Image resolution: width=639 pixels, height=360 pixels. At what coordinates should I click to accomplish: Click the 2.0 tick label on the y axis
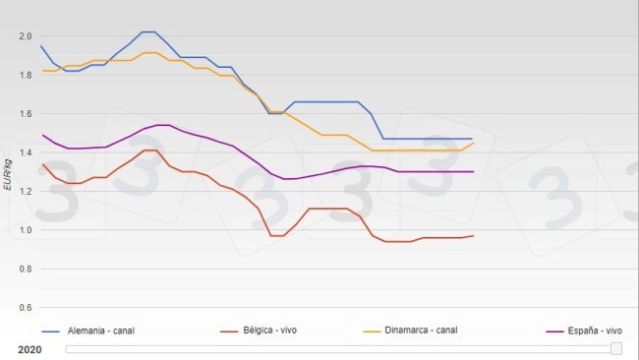pos(26,36)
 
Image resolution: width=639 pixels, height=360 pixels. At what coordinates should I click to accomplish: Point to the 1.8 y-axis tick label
pos(26,75)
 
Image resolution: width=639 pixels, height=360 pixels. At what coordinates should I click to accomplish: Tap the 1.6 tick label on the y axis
pos(26,114)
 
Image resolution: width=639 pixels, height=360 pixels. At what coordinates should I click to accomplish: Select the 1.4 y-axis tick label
pos(26,152)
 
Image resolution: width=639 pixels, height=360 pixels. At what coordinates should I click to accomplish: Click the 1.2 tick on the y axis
pos(26,191)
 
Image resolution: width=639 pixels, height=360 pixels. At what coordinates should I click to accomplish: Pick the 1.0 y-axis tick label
pos(26,230)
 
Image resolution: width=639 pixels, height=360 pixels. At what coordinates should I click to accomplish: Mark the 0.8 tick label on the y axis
pos(26,269)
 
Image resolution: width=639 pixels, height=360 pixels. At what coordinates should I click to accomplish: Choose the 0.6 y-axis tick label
pos(26,307)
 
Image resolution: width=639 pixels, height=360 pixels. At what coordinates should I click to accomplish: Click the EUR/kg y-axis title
pos(8,172)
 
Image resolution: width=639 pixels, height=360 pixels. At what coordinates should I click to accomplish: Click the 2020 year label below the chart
pos(29,348)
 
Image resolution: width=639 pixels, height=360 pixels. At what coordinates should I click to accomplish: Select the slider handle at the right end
pos(616,348)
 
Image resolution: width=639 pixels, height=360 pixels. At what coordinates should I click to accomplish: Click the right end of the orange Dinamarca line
pos(473,143)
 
